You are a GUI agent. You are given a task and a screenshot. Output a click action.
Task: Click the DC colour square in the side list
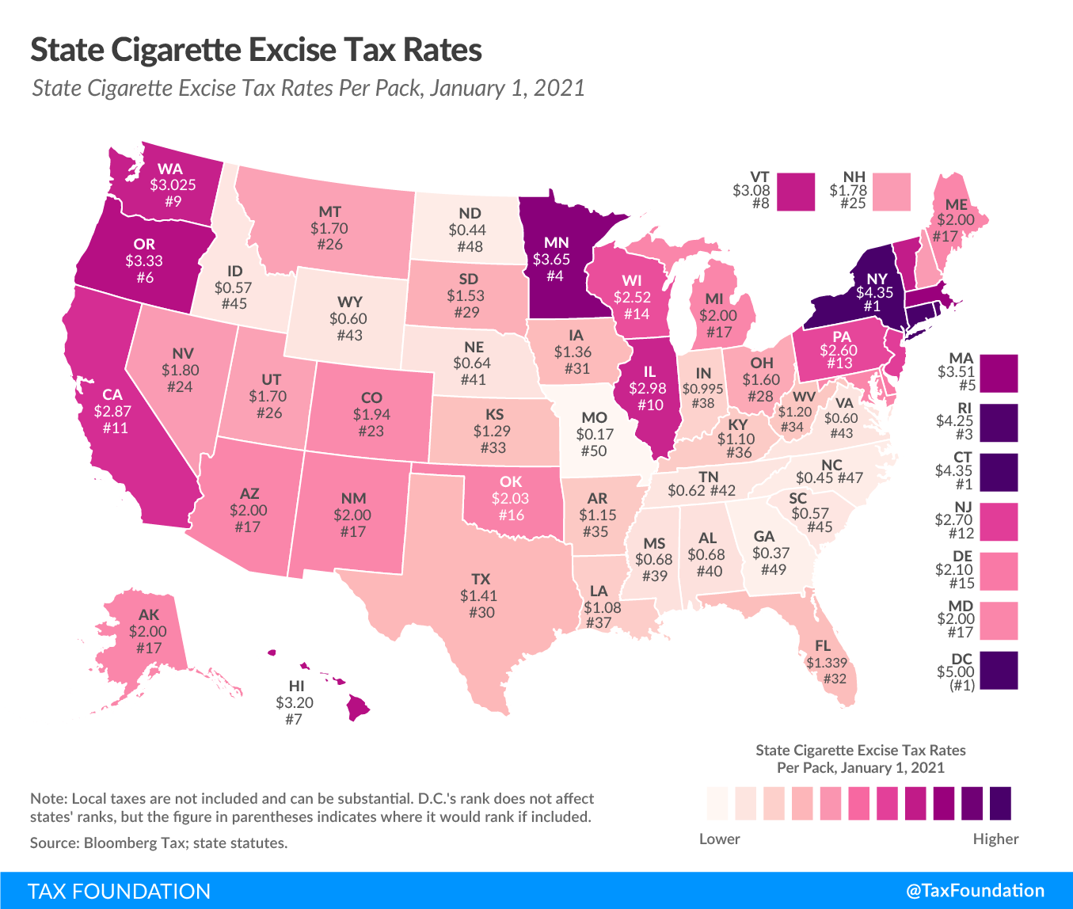pos(999,670)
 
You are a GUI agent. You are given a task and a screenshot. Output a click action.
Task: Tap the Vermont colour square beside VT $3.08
pos(796,192)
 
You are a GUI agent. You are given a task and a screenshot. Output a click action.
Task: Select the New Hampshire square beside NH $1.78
pos(892,192)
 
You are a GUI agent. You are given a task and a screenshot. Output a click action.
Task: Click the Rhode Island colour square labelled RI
pos(999,422)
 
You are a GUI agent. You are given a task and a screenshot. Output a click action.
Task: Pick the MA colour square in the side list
pos(999,373)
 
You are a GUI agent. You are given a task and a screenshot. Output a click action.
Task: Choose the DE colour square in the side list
pos(999,571)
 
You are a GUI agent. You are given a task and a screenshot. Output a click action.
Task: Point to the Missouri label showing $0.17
pos(595,434)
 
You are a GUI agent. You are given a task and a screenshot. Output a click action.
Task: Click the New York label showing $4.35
pos(876,292)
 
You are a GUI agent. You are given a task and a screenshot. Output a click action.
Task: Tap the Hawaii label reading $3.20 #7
pos(295,702)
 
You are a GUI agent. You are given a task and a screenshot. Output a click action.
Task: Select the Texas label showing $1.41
pos(480,595)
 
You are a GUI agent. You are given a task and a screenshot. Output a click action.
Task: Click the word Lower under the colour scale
pos(719,839)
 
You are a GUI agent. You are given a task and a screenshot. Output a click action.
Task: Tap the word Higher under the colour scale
pos(995,839)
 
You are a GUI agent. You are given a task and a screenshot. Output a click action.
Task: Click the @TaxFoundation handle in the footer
pos(975,891)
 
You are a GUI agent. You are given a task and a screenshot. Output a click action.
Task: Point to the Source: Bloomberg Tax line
pos(158,843)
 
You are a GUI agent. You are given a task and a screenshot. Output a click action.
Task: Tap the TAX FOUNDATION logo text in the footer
pos(120,891)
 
